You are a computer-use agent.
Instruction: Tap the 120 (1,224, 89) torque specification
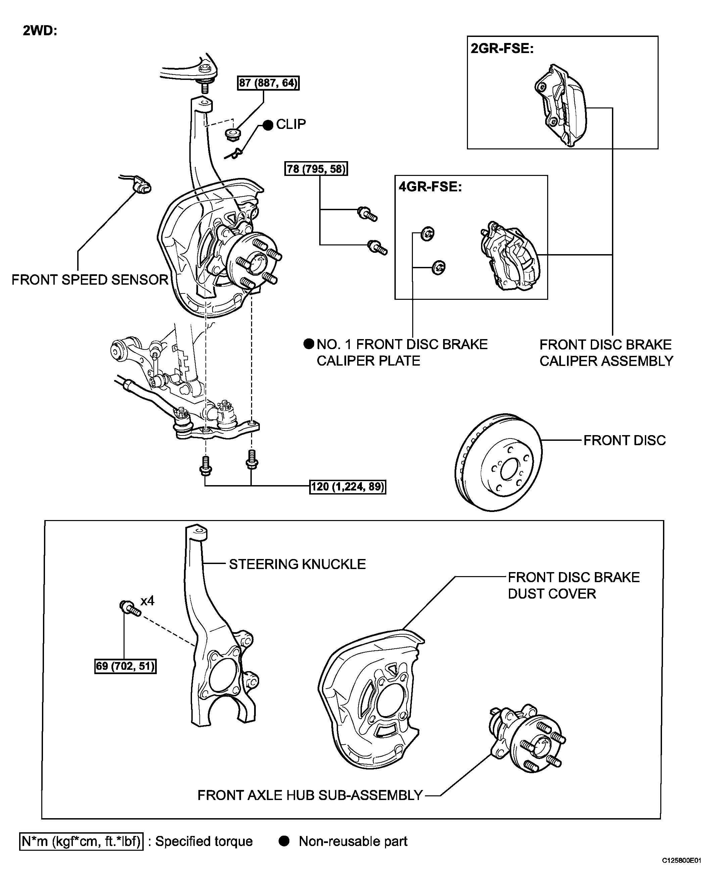click(348, 487)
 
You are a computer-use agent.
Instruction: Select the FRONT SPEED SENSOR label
click(90, 280)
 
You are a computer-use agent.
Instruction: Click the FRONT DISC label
click(624, 440)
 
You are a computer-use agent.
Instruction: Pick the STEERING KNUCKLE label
click(297, 564)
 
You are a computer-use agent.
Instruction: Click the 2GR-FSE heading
click(502, 49)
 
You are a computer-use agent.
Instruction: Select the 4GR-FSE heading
click(430, 187)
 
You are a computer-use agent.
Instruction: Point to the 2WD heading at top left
click(40, 31)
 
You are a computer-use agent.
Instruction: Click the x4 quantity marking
click(147, 601)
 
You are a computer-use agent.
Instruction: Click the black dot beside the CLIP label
click(268, 125)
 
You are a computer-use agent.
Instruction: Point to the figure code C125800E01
click(681, 872)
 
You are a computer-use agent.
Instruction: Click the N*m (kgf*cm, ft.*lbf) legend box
click(81, 841)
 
